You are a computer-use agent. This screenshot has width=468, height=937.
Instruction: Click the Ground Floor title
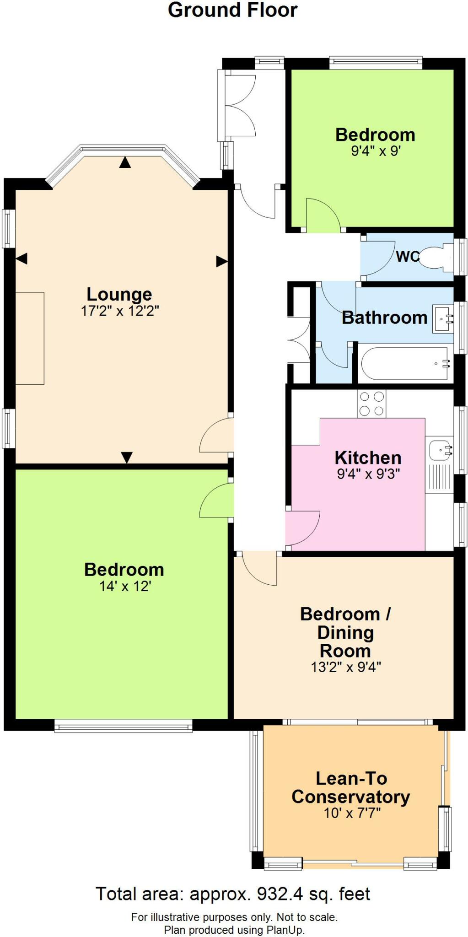pyautogui.click(x=233, y=10)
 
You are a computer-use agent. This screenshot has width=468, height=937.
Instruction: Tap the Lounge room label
pyautogui.click(x=119, y=294)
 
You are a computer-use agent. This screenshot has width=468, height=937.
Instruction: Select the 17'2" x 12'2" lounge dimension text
pyautogui.click(x=120, y=311)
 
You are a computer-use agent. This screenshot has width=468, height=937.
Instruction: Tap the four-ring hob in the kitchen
pyautogui.click(x=371, y=404)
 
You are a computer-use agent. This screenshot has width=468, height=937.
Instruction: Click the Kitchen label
pyautogui.click(x=368, y=458)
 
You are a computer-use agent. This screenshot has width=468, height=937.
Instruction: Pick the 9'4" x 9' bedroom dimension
pyautogui.click(x=376, y=151)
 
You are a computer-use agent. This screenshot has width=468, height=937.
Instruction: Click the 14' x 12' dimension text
pyautogui.click(x=125, y=586)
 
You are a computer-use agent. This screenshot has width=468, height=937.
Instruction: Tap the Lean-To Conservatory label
pyautogui.click(x=351, y=787)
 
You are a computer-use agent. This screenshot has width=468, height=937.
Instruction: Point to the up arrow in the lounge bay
pyautogui.click(x=125, y=162)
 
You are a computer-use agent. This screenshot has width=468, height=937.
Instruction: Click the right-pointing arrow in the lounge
pyautogui.click(x=222, y=262)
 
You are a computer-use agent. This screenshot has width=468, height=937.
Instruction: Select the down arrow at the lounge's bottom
pyautogui.click(x=127, y=457)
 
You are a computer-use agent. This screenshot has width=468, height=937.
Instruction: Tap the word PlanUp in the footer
pyautogui.click(x=285, y=930)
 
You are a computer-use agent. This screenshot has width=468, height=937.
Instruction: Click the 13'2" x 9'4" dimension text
pyautogui.click(x=346, y=667)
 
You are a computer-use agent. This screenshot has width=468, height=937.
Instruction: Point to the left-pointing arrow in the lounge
pyautogui.click(x=22, y=258)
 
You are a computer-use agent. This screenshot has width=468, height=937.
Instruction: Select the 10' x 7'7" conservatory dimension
pyautogui.click(x=352, y=813)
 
